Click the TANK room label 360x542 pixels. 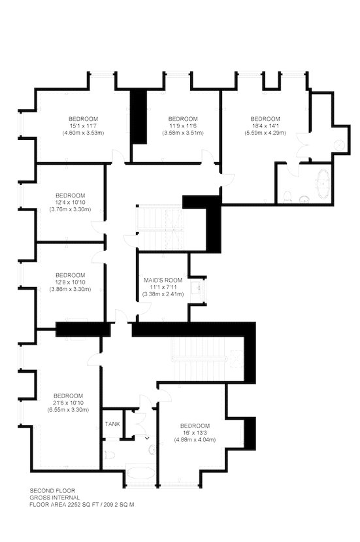point(112,424)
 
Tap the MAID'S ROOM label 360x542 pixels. point(163,280)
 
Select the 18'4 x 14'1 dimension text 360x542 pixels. point(265,126)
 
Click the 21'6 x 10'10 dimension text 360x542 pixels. point(68,403)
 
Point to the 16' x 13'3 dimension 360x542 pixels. point(195,433)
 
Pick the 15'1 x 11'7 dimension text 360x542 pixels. point(83,126)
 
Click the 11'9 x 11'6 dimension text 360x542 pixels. point(183,126)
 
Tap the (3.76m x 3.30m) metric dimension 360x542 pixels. point(70,209)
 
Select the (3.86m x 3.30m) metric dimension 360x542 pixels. point(70,290)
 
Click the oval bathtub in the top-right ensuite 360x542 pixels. point(323,184)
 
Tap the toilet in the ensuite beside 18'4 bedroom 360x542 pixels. point(287,196)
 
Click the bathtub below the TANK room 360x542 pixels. point(141,473)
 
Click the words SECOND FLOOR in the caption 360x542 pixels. point(52,490)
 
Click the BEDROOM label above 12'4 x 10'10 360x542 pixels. point(70,195)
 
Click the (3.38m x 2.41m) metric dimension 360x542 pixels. point(163,294)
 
